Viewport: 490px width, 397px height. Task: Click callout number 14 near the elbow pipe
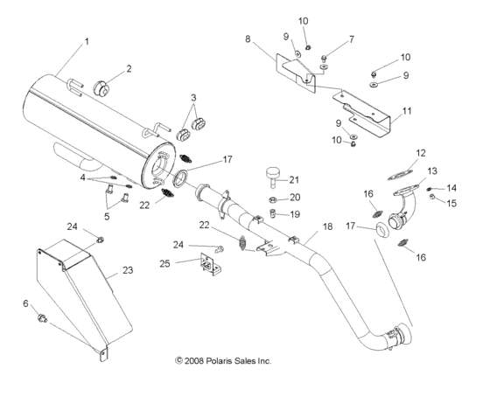click(451, 188)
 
